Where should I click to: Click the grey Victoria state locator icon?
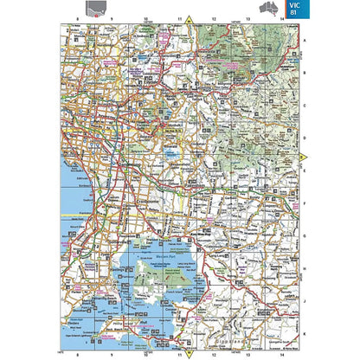click(x=104, y=9)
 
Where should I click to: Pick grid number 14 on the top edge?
click(x=282, y=18)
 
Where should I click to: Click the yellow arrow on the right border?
click(x=303, y=157)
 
